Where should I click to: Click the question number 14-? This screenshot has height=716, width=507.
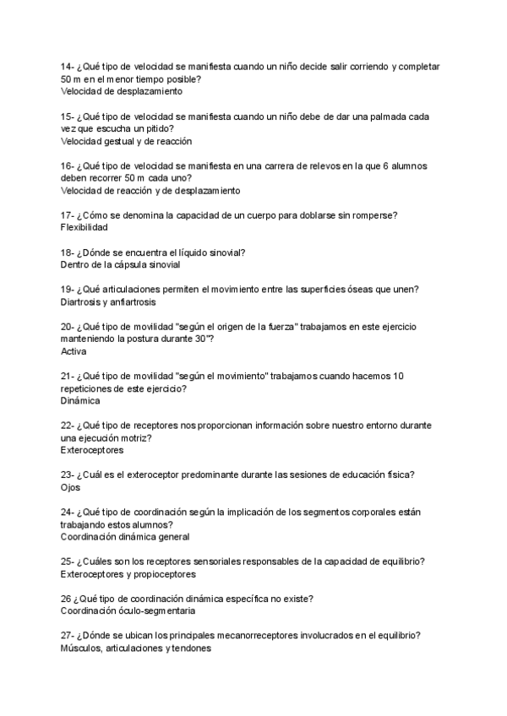pyautogui.click(x=68, y=67)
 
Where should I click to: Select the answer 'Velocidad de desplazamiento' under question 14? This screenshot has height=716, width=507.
pyautogui.click(x=121, y=91)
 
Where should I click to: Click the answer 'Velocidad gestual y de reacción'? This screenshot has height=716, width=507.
pyautogui.click(x=127, y=141)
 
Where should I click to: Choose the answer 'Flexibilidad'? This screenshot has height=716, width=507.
pyautogui.click(x=84, y=227)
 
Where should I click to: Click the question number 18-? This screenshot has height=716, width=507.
pyautogui.click(x=68, y=252)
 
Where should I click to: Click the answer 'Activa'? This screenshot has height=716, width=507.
pyautogui.click(x=74, y=350)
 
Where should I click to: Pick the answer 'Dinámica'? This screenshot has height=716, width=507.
pyautogui.click(x=80, y=401)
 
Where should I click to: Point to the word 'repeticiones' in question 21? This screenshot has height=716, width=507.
pyautogui.click(x=88, y=388)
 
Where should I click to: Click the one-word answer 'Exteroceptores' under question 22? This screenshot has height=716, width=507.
pyautogui.click(x=92, y=450)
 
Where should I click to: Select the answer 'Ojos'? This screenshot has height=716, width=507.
pyautogui.click(x=70, y=487)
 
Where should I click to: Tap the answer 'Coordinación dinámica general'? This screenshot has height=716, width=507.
pyautogui.click(x=125, y=536)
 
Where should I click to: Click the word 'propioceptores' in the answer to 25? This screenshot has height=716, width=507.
pyautogui.click(x=166, y=573)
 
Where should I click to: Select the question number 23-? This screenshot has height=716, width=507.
pyautogui.click(x=68, y=475)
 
